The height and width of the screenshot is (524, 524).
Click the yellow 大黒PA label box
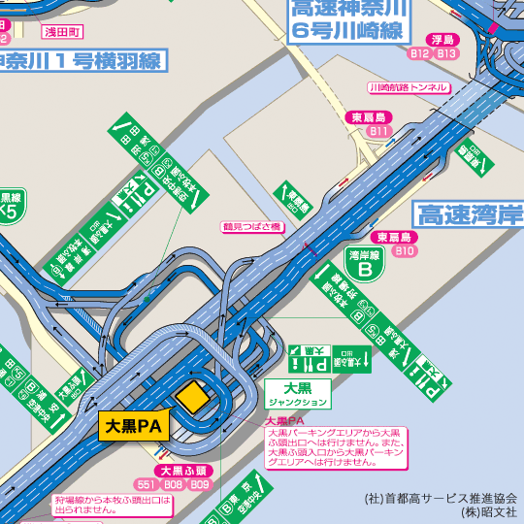[133, 425]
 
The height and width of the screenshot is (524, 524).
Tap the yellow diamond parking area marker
[192, 396]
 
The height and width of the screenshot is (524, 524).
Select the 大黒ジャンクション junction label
[298, 394]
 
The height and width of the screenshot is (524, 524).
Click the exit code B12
[419, 53]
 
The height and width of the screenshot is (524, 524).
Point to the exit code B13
[447, 53]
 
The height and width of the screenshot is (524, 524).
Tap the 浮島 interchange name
[442, 40]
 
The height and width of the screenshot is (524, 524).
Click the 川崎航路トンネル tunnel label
[408, 87]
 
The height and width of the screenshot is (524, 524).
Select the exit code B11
[378, 130]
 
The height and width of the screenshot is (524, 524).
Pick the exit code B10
[405, 250]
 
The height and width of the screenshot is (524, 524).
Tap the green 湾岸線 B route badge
[364, 265]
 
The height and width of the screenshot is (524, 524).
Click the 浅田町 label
[64, 32]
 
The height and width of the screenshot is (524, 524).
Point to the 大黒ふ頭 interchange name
[182, 471]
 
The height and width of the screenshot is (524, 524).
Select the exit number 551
[147, 484]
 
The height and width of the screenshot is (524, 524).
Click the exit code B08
[174, 484]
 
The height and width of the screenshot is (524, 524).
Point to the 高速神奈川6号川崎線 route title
[347, 19]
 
